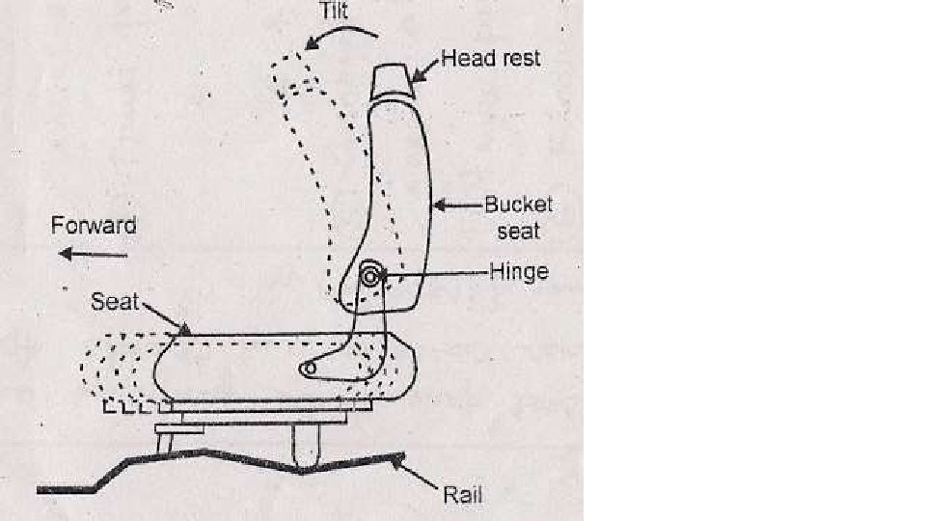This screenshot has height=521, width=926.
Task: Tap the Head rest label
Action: point(491,58)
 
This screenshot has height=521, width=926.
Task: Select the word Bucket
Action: point(519,205)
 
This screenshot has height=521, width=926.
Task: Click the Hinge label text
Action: point(519,271)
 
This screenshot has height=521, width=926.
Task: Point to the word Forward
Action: point(94,226)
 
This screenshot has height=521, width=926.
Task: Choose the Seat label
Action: point(116,301)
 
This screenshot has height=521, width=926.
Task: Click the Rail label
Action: point(462,497)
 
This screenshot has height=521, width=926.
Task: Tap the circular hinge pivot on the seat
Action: point(369,277)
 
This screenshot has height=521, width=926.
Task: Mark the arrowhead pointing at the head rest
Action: point(417,72)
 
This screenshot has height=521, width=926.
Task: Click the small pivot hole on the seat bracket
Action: point(309,370)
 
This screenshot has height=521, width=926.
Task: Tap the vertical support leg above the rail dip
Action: point(306,447)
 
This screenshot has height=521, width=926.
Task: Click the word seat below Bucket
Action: point(519,232)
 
